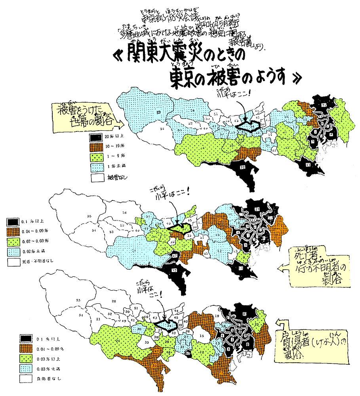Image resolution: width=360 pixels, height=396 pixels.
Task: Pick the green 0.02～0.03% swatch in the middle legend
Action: [13, 240]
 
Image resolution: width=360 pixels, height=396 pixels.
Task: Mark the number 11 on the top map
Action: [309, 164]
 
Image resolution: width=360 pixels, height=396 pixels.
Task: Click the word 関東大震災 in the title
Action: [158, 57]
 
